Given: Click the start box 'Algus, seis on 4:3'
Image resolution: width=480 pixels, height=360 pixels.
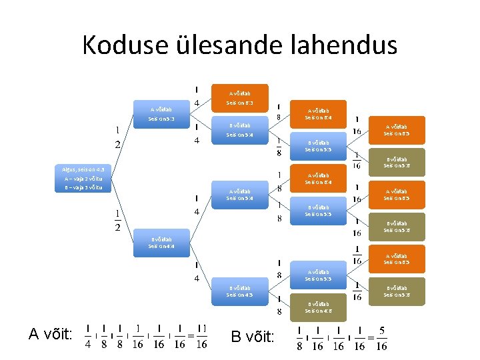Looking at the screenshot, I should click(83, 170).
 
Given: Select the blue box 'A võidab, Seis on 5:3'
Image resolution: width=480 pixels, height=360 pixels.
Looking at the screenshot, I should click(161, 114).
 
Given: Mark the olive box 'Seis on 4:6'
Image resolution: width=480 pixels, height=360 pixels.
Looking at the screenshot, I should click(318, 307).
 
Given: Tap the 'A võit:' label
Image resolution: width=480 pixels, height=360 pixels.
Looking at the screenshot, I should click(51, 335).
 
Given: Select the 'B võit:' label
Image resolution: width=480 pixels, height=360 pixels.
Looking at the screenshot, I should click(252, 337).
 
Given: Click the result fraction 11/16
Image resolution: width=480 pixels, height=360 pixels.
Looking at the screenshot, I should click(202, 337).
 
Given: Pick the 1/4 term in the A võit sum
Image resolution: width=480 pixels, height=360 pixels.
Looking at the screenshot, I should click(89, 337).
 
